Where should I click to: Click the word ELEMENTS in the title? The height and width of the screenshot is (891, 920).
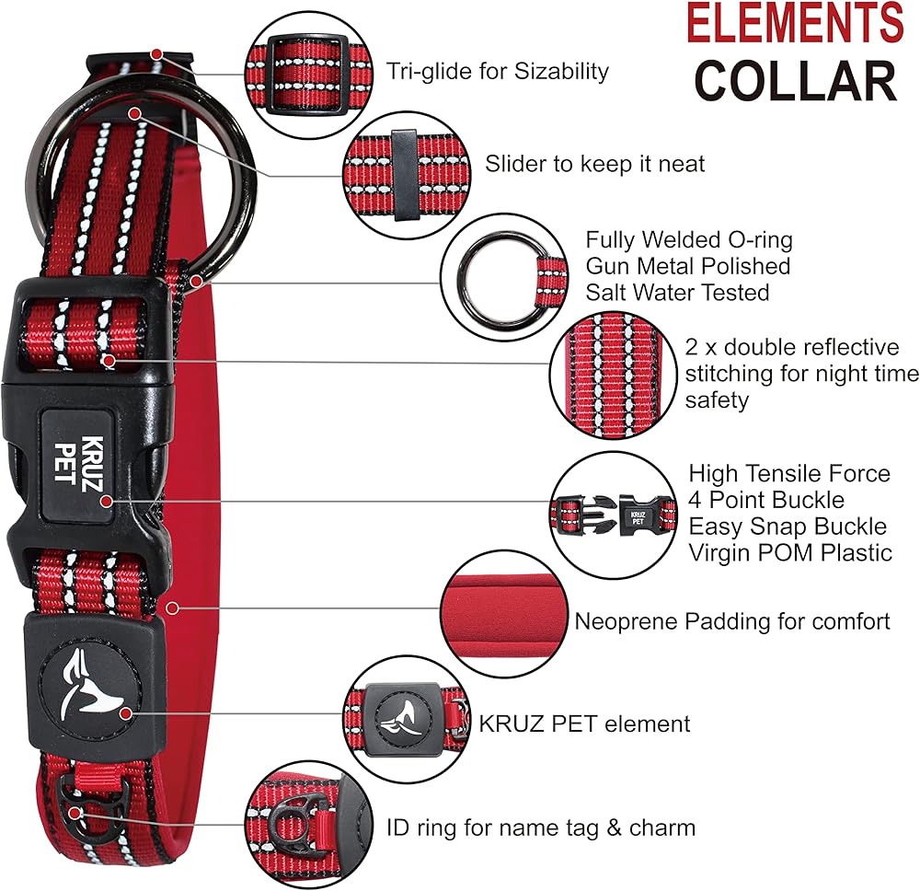[x=796, y=24]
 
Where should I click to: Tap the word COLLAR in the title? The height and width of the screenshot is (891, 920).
[x=795, y=80]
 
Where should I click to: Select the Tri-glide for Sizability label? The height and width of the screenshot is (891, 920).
[x=498, y=71]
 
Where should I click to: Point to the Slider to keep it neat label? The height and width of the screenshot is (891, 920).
[x=595, y=164]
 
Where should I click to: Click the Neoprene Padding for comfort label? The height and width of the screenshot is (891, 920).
[x=732, y=621]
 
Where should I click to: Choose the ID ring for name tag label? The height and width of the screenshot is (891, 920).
[x=541, y=827]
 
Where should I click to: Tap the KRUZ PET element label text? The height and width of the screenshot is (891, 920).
[x=584, y=723]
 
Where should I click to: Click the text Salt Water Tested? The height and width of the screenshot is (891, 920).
[x=677, y=292]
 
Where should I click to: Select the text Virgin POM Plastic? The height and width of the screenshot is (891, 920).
[x=790, y=552]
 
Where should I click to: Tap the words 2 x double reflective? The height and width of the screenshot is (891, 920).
[x=792, y=347]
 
